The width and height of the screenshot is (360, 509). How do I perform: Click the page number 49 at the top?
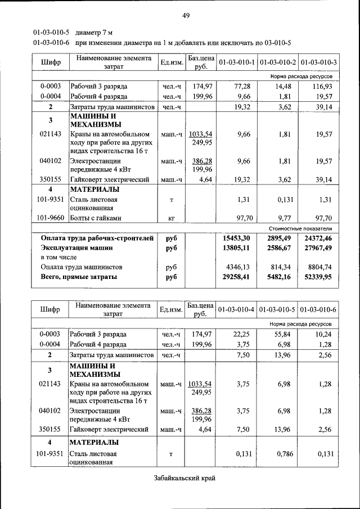tap(185, 15)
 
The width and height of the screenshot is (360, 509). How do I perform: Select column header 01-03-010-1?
tap(236, 61)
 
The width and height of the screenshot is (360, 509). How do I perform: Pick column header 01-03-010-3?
tap(319, 61)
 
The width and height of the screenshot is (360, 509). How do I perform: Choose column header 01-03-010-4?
tap(236, 310)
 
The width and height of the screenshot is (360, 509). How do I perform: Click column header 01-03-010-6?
tap(319, 310)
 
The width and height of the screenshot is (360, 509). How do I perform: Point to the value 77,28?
tap(241, 86)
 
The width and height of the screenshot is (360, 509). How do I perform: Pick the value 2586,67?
tap(280, 247)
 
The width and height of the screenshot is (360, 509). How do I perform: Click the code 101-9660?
tap(50, 218)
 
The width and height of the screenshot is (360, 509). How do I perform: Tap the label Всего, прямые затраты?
tap(79, 277)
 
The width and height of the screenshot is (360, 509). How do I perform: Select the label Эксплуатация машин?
tap(76, 247)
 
